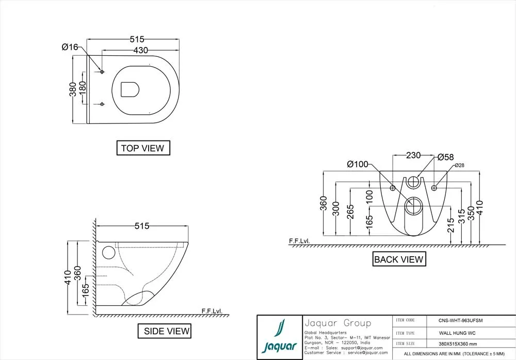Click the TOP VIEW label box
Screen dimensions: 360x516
(142, 148)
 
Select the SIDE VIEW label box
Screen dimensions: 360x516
(164, 331)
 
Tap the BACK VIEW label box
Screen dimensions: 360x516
(399, 259)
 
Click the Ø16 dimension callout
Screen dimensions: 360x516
(70, 47)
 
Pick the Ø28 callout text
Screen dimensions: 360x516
(460, 165)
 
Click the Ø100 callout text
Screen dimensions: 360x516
(358, 165)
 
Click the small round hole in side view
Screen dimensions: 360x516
(108, 253)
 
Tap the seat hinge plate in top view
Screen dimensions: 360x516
(130, 89)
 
